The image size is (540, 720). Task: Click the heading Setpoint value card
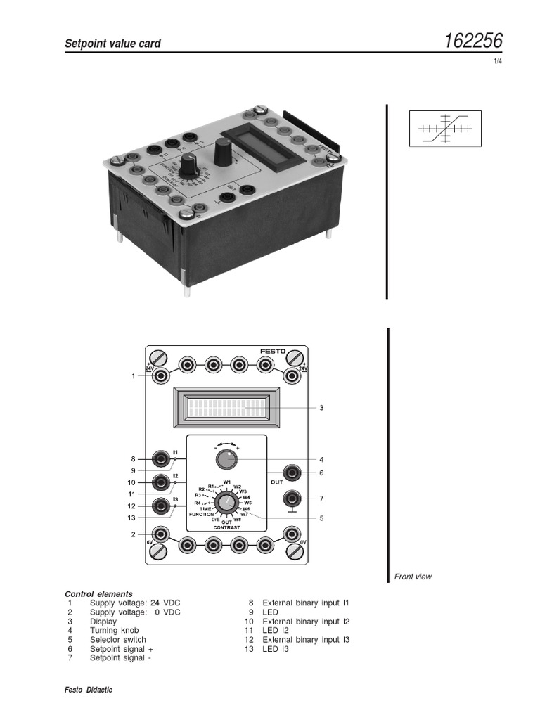click(x=112, y=44)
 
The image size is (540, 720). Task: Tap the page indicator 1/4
click(x=498, y=62)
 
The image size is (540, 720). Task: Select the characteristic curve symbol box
click(x=445, y=128)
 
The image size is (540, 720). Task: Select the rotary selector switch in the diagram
click(x=226, y=503)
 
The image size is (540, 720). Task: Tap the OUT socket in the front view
click(x=292, y=472)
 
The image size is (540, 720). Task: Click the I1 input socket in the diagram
click(x=162, y=459)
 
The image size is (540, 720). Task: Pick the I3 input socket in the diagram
click(x=162, y=506)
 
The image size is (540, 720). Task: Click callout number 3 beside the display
click(x=321, y=408)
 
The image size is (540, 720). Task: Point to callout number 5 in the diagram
click(x=321, y=518)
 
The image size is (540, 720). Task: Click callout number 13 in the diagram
click(x=131, y=518)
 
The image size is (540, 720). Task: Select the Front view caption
click(x=413, y=577)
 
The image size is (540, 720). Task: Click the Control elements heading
click(x=98, y=593)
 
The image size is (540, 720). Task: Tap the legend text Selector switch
click(x=118, y=640)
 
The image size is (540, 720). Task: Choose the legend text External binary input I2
click(x=306, y=622)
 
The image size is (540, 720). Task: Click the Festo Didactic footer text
click(x=89, y=690)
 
